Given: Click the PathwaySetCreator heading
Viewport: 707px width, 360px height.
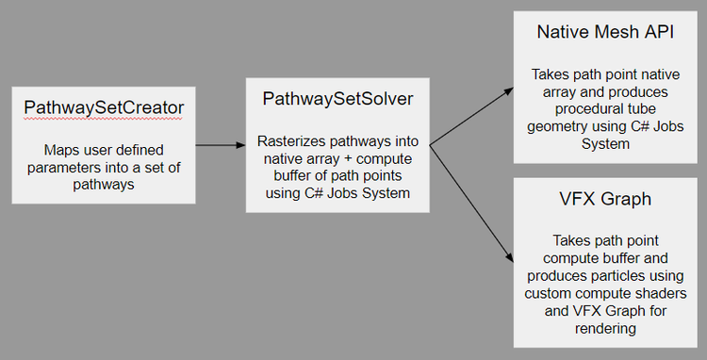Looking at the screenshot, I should point(104,108).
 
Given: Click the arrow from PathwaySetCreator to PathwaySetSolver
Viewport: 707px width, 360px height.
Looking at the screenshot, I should point(220,145).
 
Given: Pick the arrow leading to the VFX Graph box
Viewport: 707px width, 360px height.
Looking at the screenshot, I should point(471,204).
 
